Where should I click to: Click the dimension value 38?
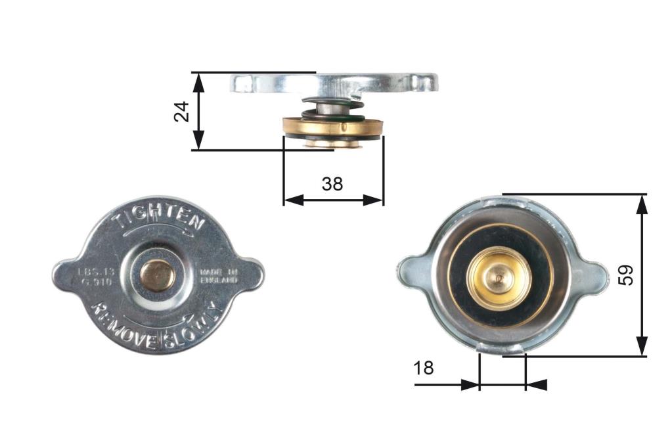point(332,184)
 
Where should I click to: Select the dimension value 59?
point(627,275)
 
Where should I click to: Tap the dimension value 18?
point(424,368)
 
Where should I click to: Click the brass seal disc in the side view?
point(331,127)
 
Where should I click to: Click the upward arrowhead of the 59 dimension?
point(642,203)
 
